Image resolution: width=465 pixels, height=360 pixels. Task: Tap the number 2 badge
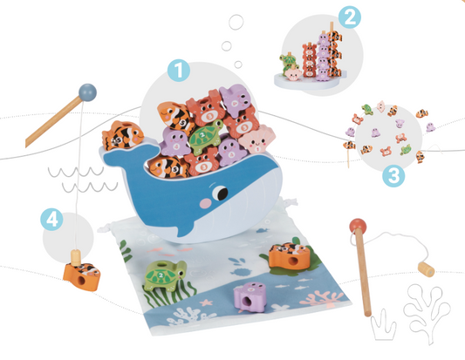349,16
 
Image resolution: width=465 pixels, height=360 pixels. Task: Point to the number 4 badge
53,219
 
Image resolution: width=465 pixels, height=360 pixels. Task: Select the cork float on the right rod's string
426,270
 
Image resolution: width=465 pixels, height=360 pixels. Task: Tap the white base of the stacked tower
310,81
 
